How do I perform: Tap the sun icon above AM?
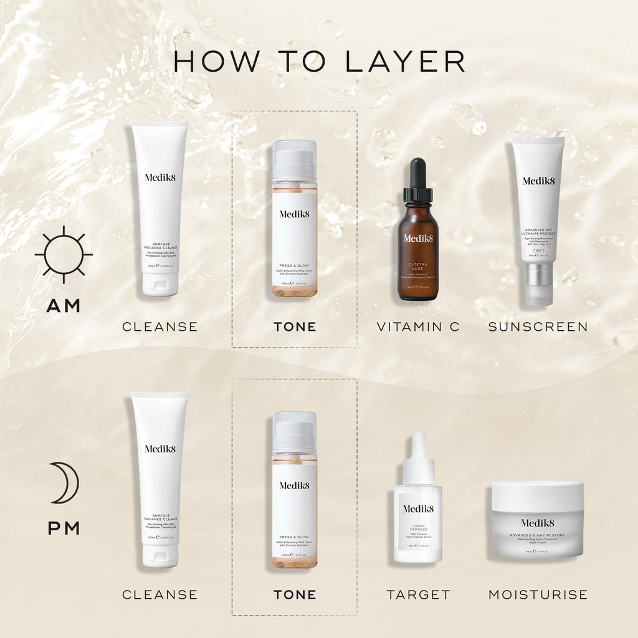coord(64,254)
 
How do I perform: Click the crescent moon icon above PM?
coord(65,483)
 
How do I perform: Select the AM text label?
coord(64,306)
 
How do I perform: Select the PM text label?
coord(64,529)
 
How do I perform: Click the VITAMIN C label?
coord(418,326)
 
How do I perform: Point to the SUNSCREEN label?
coord(538,326)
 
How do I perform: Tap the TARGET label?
coord(418,595)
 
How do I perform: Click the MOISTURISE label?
coord(538,595)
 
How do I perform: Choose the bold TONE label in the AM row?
coord(295,326)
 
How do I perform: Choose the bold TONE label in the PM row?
coord(295,595)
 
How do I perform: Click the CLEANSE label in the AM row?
coord(159,326)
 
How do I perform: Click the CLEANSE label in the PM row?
coord(159,595)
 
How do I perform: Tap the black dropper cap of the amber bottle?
coord(417,181)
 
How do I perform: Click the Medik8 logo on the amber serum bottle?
coord(418,238)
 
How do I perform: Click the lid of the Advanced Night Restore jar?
coord(537,496)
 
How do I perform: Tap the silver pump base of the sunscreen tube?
coord(538,283)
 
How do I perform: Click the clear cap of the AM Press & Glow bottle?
coord(294,160)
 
